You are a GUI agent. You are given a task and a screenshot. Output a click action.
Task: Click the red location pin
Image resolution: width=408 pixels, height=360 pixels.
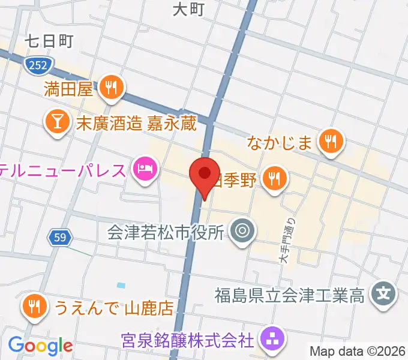tap(204, 174)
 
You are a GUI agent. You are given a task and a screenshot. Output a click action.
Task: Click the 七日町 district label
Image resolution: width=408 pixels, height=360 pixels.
tap(49, 41)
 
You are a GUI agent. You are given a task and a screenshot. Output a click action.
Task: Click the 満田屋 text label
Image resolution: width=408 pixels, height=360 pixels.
tap(68, 90)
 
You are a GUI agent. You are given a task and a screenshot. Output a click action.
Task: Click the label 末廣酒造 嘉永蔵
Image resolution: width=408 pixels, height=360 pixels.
tap(128, 124)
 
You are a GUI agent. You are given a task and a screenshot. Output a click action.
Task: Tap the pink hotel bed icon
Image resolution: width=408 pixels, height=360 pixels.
tap(145, 170)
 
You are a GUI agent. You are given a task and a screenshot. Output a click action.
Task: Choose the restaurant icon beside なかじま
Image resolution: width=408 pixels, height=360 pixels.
tap(330, 143)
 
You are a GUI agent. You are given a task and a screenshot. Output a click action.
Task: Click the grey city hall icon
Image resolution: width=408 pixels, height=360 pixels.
tap(243, 230)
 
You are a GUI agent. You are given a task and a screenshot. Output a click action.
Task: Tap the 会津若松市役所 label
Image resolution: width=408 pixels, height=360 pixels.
tap(166, 231)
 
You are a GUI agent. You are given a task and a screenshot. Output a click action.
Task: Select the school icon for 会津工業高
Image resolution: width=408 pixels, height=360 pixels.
tap(382, 295)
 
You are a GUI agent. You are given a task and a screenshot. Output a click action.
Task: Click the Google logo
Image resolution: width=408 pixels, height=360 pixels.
tap(40, 346)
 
